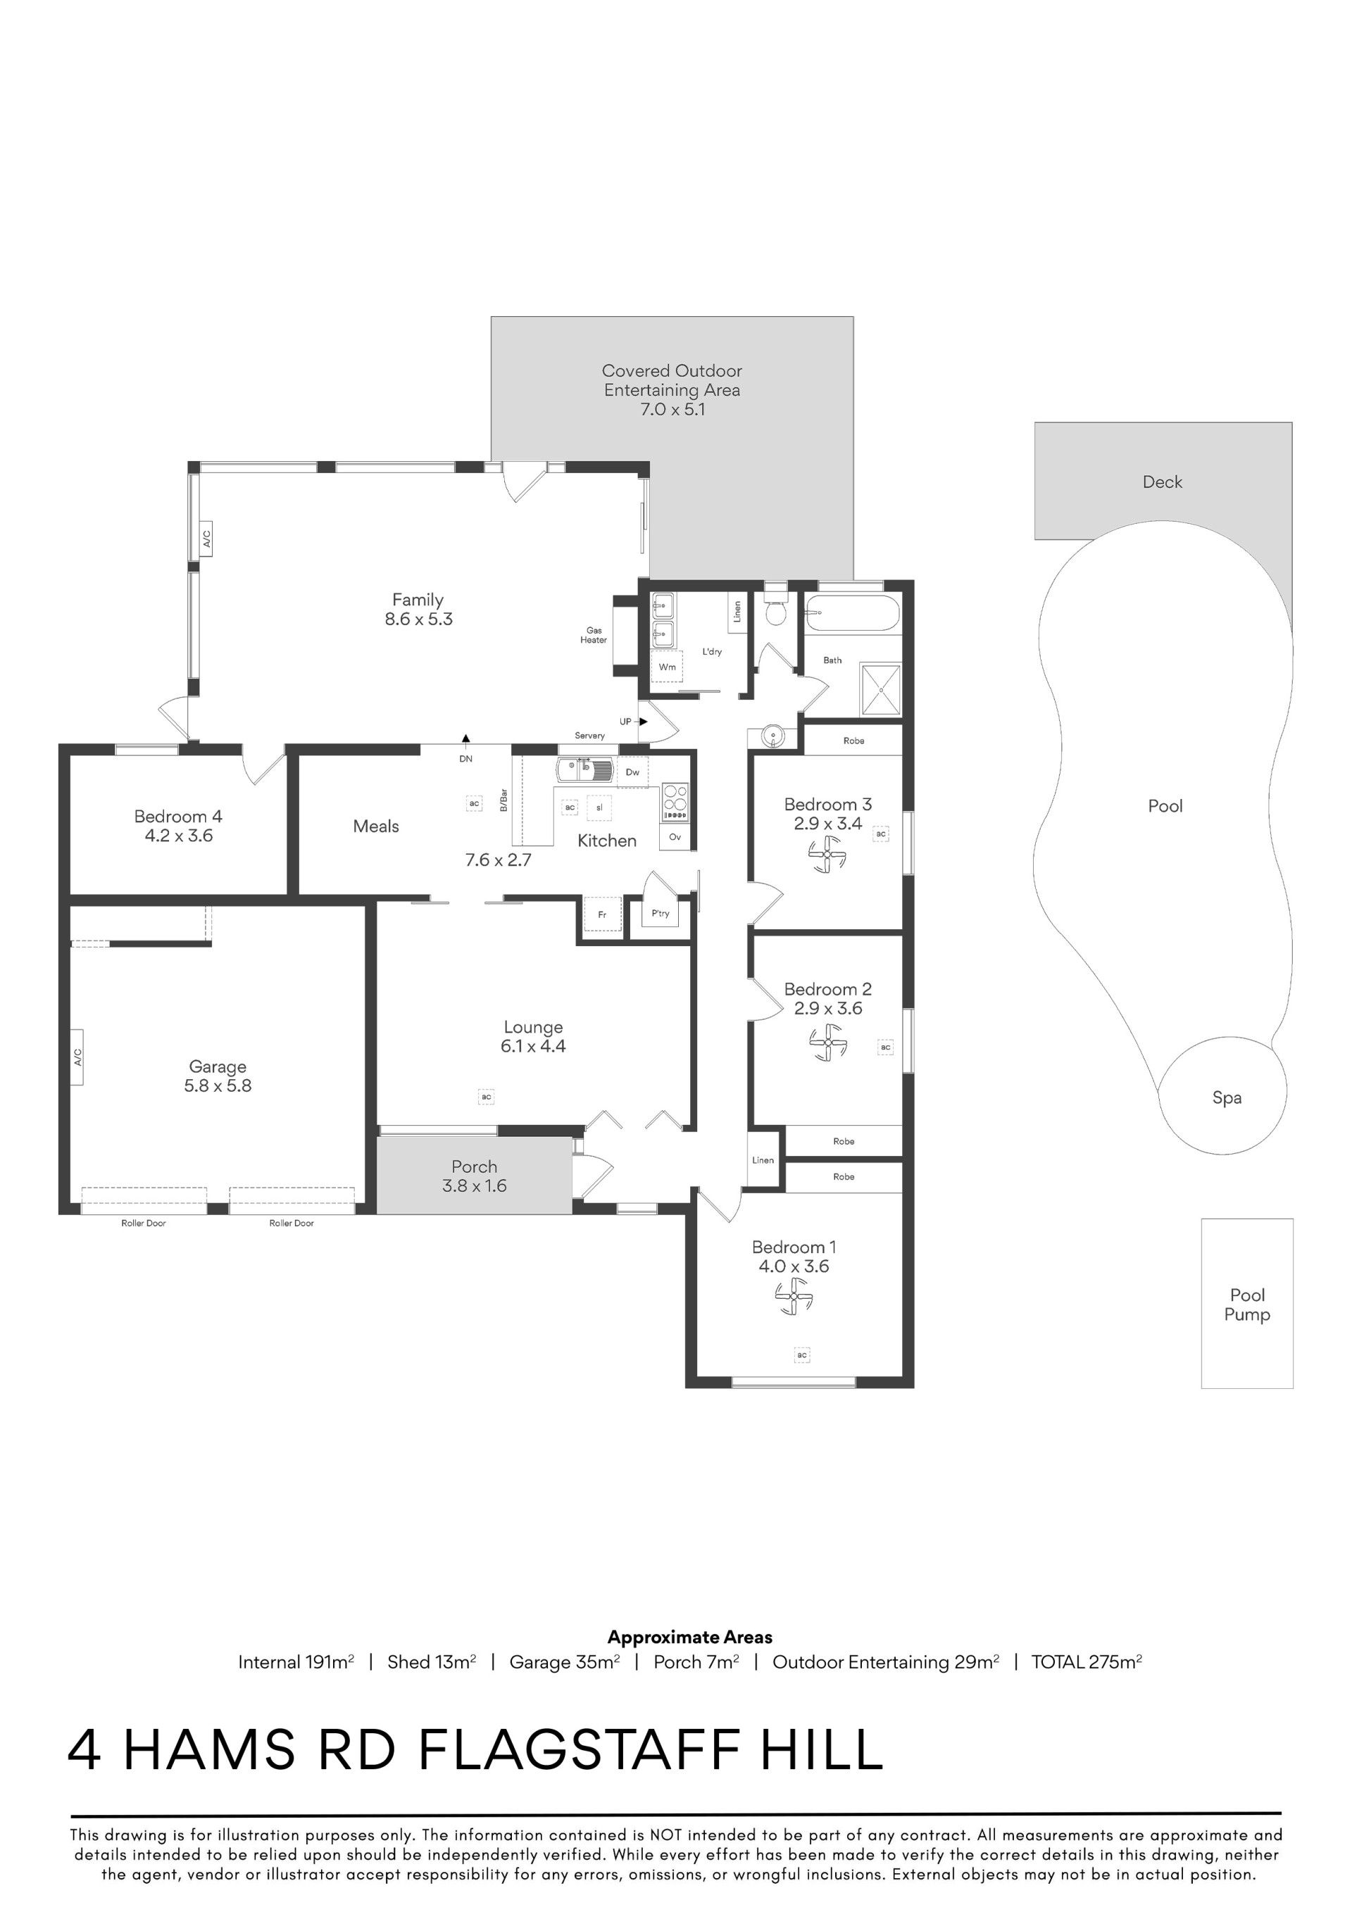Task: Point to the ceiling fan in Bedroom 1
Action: (793, 1297)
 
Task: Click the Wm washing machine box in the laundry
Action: (668, 667)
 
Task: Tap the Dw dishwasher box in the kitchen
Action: (633, 772)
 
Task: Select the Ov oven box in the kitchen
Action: (675, 837)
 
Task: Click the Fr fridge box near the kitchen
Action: (602, 915)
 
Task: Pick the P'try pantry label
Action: (661, 914)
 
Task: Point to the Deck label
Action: (1162, 482)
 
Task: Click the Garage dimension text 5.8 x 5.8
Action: (218, 1086)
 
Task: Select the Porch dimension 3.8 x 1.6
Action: (474, 1185)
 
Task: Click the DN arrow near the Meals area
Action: (465, 738)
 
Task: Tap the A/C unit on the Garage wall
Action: (77, 1057)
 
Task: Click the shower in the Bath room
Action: (880, 688)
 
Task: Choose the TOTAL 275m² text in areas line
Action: (1087, 1661)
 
